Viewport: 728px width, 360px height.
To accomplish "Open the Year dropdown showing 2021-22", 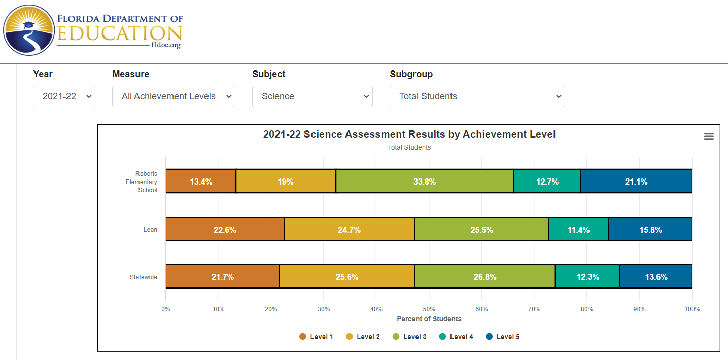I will tap(64, 96).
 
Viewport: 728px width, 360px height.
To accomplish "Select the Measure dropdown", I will tap(174, 96).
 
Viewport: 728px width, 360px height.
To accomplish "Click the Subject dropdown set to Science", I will tap(312, 96).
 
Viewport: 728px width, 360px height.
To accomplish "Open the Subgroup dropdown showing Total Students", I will tap(477, 96).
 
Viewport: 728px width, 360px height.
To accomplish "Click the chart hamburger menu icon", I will tap(709, 136).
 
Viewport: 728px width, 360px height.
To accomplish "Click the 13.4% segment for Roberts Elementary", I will tap(201, 182).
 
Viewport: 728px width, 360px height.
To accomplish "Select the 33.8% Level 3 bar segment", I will tap(425, 182).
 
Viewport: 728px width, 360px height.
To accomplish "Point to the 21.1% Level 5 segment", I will tap(636, 182).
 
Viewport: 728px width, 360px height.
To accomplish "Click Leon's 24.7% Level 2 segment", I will tap(349, 230).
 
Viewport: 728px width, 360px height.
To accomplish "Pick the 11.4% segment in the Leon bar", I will tap(578, 230).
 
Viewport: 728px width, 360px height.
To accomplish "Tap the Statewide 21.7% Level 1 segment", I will tap(222, 277).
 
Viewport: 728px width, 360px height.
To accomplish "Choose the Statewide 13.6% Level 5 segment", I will tap(656, 277).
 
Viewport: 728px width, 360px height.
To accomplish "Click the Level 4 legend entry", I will tap(456, 337).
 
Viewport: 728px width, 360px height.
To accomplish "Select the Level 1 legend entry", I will tap(316, 337).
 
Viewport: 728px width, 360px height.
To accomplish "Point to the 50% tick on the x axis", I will tap(429, 309).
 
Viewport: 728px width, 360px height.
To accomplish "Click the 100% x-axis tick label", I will tap(692, 309).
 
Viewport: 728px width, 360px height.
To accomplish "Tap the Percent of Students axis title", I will tap(429, 319).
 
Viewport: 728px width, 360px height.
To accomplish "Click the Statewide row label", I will tap(143, 277).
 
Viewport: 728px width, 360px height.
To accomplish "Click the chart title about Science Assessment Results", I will tap(409, 134).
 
